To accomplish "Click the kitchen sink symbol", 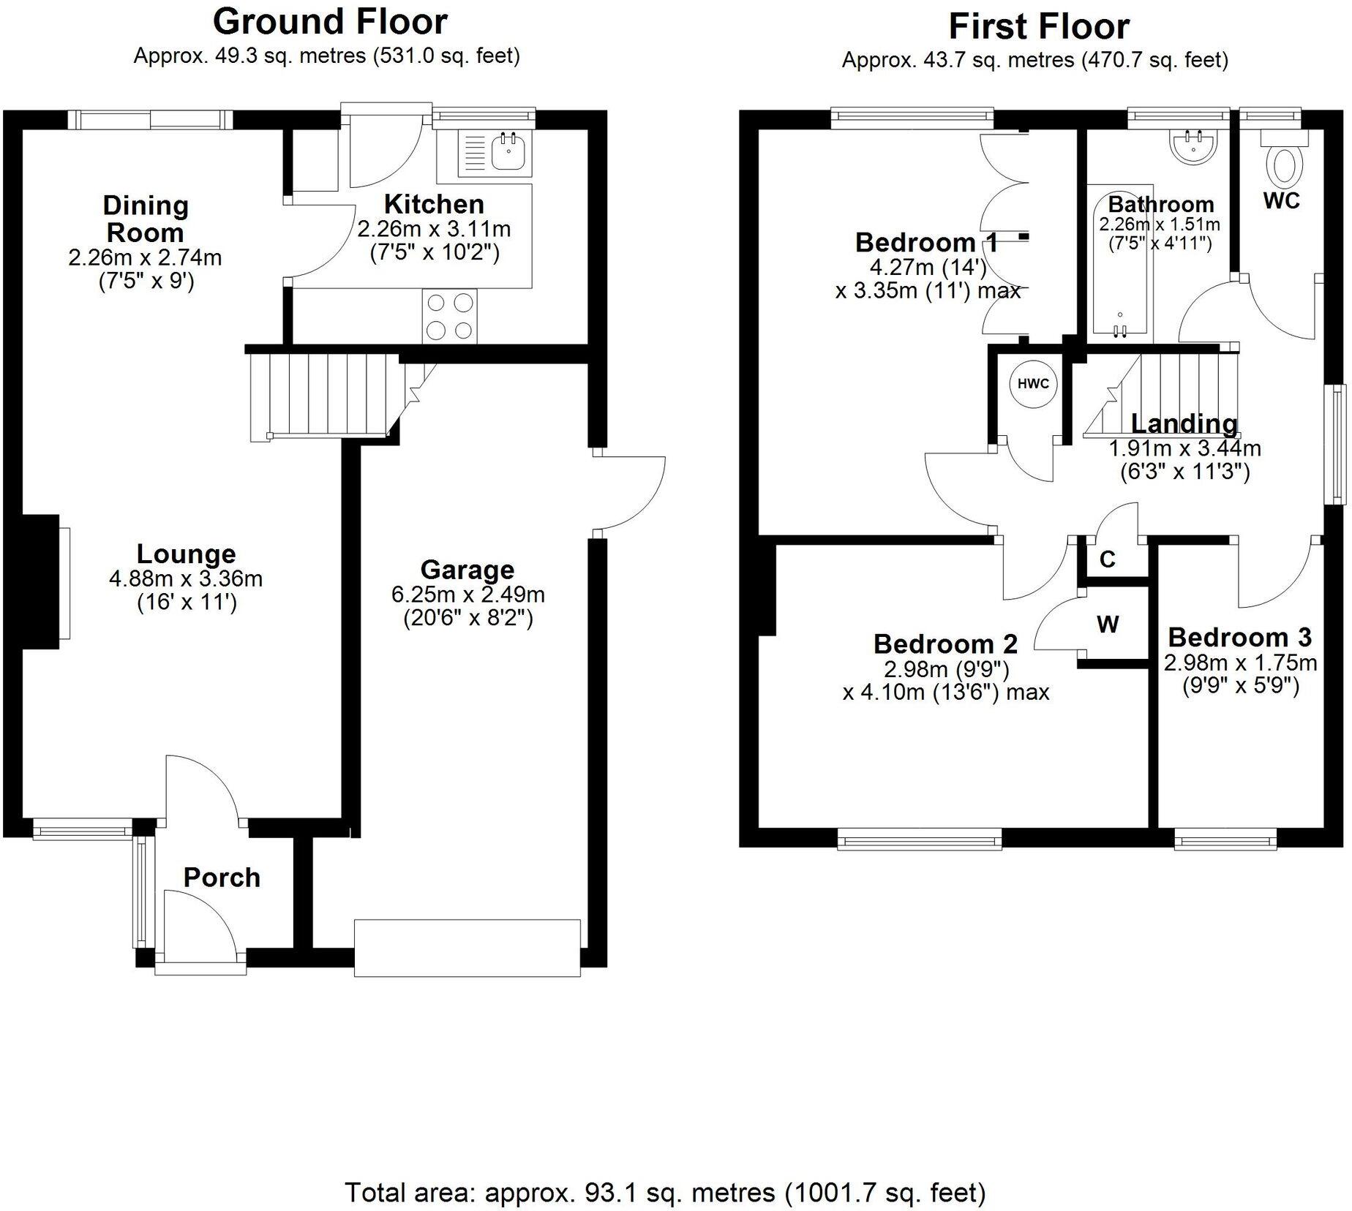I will pyautogui.click(x=496, y=154).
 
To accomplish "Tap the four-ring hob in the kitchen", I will pyautogui.click(x=449, y=316).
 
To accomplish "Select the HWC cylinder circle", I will pyautogui.click(x=1033, y=384).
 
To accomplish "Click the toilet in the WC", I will pyautogui.click(x=1286, y=165).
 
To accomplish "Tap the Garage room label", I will pyautogui.click(x=467, y=570).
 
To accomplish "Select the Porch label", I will pyautogui.click(x=222, y=878).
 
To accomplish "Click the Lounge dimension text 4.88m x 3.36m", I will pyautogui.click(x=186, y=579).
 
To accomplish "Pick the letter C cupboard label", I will pyautogui.click(x=1107, y=559).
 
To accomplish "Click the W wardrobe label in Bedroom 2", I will pyautogui.click(x=1108, y=625).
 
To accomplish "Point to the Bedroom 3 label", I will pyautogui.click(x=1239, y=638).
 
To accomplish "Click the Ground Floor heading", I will pyautogui.click(x=330, y=22).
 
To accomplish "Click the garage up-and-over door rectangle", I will pyautogui.click(x=467, y=948).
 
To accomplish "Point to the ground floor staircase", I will pyautogui.click(x=322, y=396).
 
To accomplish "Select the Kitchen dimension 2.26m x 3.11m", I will pyautogui.click(x=434, y=230).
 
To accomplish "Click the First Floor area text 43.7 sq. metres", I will pyautogui.click(x=1034, y=61).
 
